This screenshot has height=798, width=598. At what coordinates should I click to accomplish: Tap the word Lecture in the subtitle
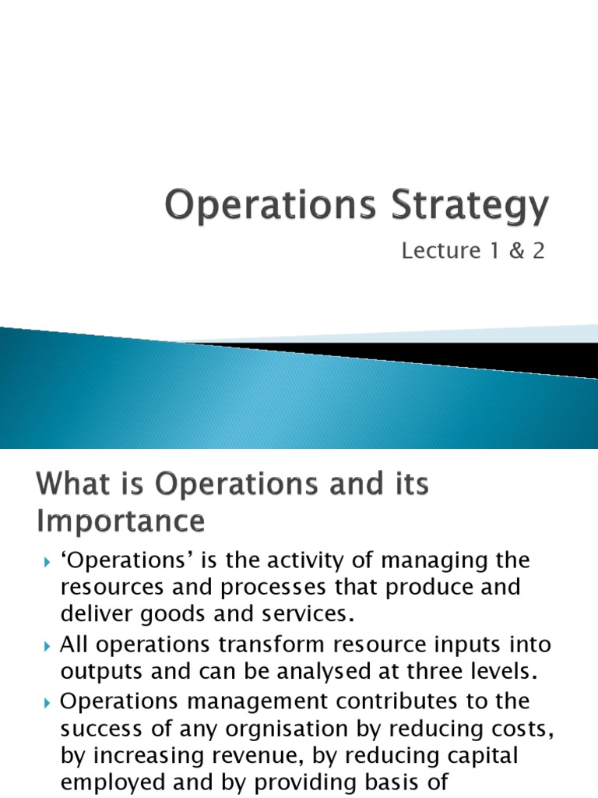[441, 251]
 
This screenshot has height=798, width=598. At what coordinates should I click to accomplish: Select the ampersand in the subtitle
[512, 251]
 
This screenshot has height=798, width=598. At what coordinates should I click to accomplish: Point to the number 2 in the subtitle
[538, 251]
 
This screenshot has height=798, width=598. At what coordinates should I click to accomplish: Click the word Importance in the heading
[121, 521]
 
